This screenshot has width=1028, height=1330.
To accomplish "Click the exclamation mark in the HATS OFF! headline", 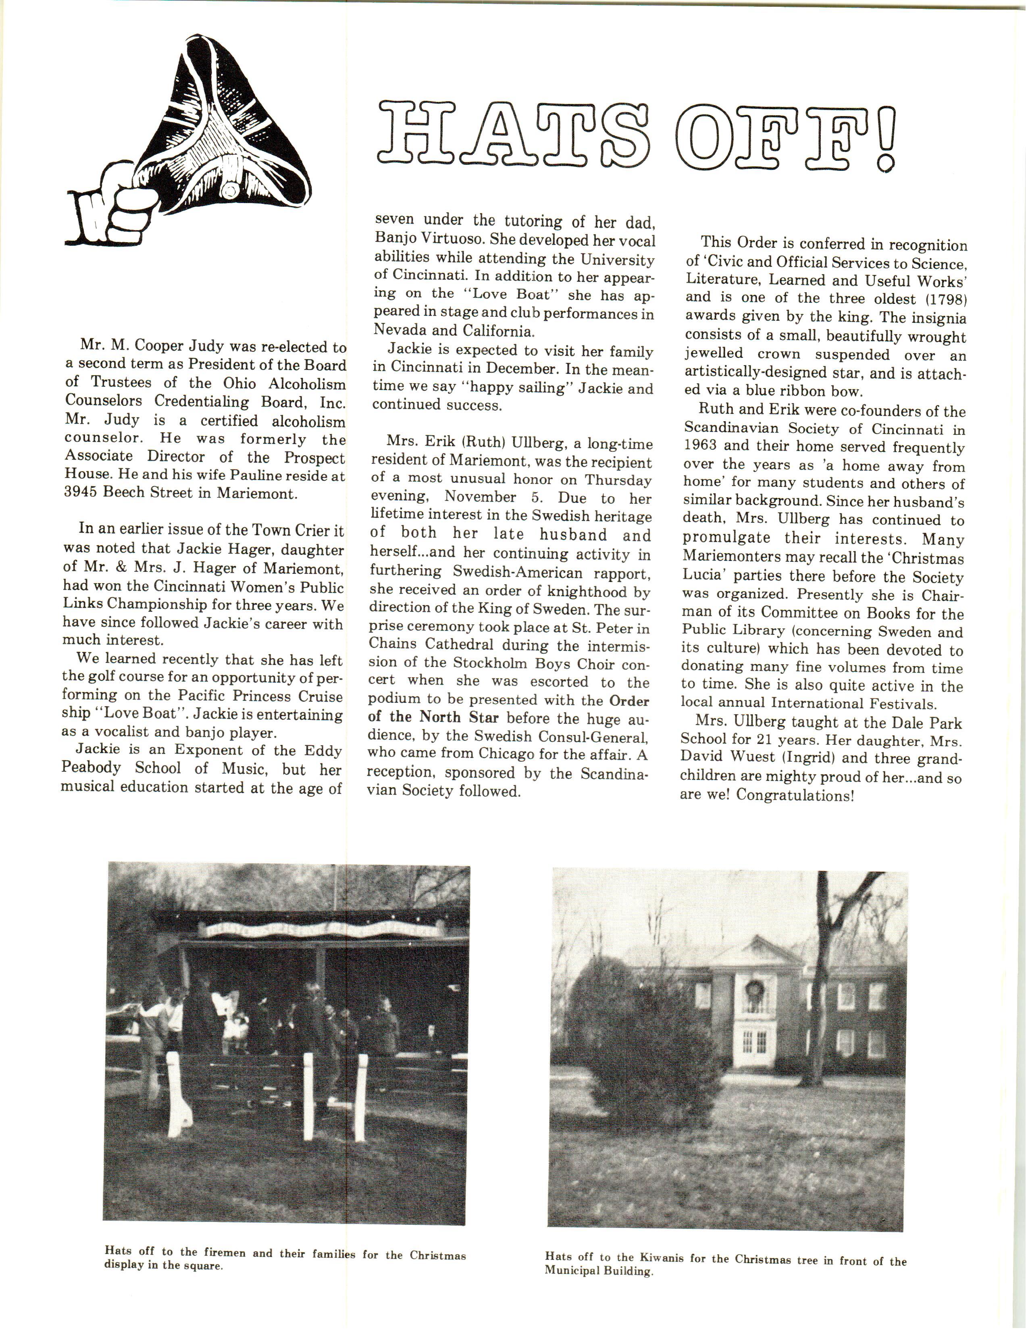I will pos(886,137).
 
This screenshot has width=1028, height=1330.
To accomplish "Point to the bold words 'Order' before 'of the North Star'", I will pos(629,700).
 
